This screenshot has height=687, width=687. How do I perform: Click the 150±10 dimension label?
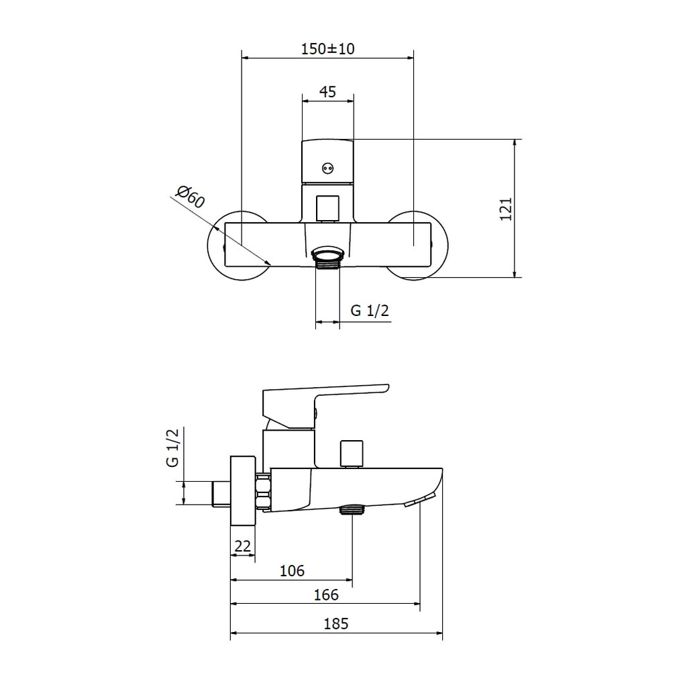point(327,48)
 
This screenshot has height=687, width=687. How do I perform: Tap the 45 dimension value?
point(327,91)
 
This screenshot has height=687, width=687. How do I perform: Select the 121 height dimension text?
point(506,209)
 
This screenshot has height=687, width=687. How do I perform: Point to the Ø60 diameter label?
point(190,197)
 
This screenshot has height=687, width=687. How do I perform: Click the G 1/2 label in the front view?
point(370,311)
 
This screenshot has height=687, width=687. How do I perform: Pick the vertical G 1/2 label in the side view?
point(173,447)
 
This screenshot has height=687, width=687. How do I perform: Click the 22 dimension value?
point(243,546)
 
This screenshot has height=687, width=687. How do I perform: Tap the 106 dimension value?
point(292,570)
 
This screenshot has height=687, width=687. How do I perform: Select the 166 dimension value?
point(326,594)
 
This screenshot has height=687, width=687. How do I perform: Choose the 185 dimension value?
point(336,623)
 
